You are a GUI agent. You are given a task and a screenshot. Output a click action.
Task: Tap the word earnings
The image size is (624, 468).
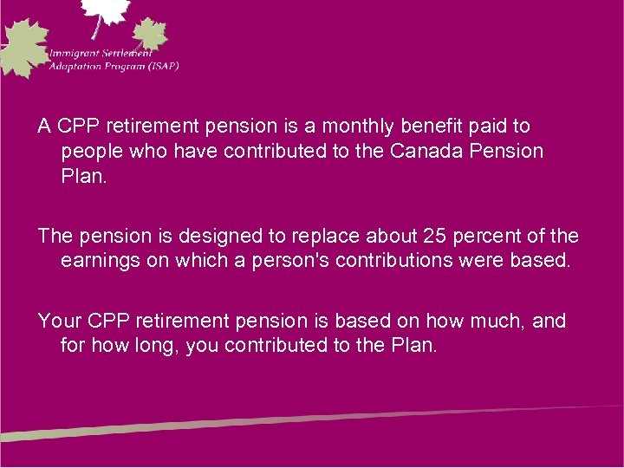tap(99, 260)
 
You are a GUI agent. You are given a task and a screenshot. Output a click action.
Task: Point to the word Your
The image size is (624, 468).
tap(56, 321)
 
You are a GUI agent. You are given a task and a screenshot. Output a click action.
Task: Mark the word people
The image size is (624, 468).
tap(90, 151)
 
